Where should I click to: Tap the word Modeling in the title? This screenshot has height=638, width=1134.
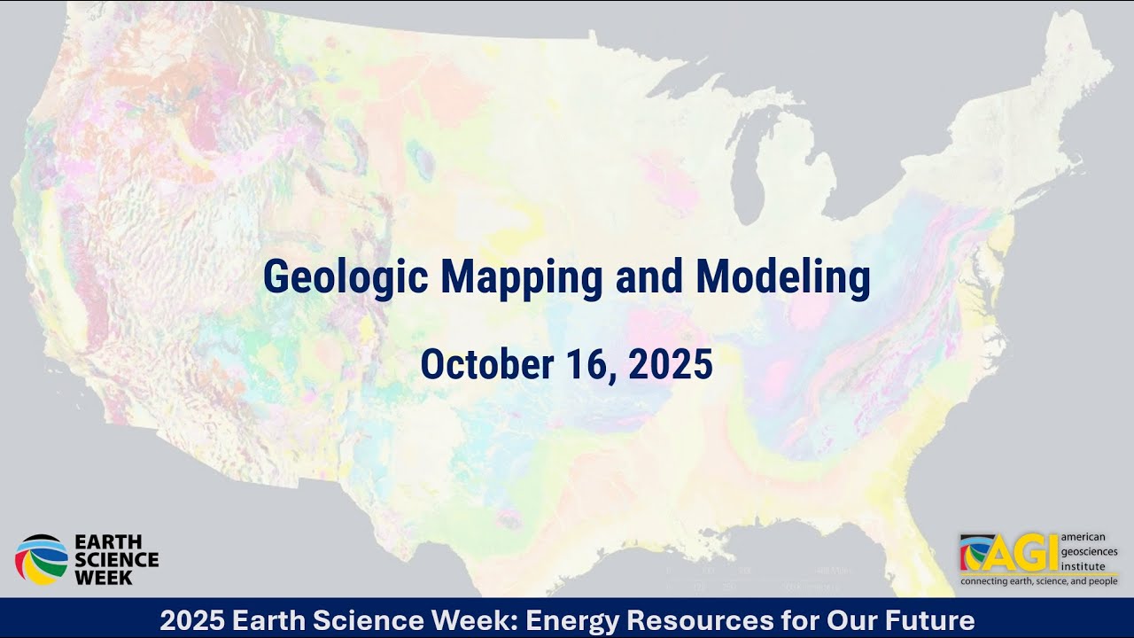coord(782,277)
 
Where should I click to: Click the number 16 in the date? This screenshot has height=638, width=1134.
coord(585,364)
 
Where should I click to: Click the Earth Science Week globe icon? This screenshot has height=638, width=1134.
coord(41,559)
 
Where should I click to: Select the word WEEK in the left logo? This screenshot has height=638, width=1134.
coord(104,577)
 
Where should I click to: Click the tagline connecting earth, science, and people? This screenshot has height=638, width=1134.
coord(1037,582)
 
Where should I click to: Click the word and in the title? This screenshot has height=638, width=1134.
coord(650,277)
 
